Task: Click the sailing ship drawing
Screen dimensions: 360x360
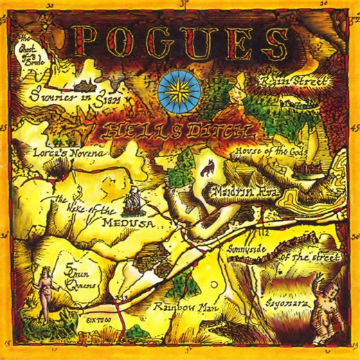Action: click(133, 201)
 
